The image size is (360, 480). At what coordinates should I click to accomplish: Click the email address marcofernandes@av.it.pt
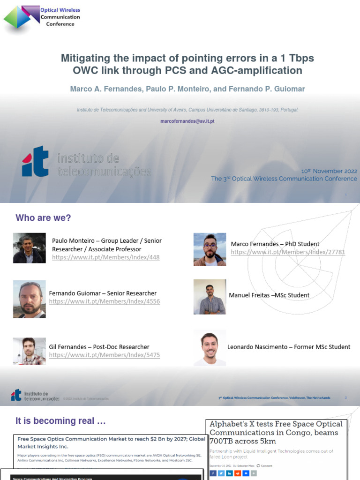(x=187, y=121)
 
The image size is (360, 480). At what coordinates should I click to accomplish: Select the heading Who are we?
(x=43, y=218)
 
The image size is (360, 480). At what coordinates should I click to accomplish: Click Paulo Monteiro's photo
(x=29, y=248)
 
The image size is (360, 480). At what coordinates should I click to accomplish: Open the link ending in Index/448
(x=106, y=258)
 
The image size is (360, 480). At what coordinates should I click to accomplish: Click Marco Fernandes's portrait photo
(x=210, y=249)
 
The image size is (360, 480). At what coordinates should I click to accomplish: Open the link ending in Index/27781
(x=288, y=252)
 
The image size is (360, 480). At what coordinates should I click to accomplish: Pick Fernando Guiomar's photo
(x=29, y=300)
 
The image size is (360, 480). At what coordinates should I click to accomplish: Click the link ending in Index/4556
(x=105, y=302)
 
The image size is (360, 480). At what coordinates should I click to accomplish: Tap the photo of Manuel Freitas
(x=210, y=297)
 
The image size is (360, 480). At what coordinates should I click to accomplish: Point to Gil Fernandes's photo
(x=29, y=351)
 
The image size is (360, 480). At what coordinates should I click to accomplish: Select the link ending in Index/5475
(x=105, y=355)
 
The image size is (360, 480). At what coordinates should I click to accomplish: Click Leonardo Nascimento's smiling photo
(x=210, y=348)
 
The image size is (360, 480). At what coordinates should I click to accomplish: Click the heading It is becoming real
(x=60, y=421)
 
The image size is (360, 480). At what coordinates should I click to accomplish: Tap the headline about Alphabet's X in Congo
(x=276, y=432)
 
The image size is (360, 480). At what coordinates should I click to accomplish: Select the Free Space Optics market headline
(x=111, y=442)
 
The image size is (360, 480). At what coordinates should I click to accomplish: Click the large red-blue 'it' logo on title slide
(x=35, y=161)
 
